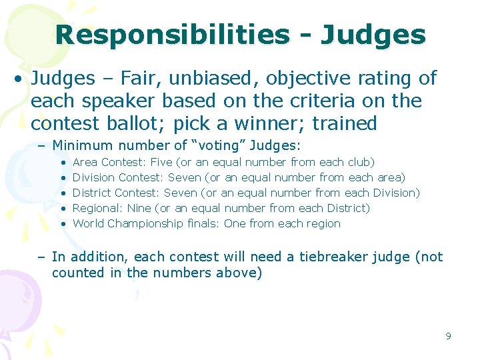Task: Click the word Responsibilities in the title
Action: point(173,35)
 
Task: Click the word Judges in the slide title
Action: point(373,35)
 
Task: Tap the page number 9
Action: point(449,335)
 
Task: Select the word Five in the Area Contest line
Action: point(162,162)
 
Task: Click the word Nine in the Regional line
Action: point(139,208)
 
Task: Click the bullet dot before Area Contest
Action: point(63,162)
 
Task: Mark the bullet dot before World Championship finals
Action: point(63,223)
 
